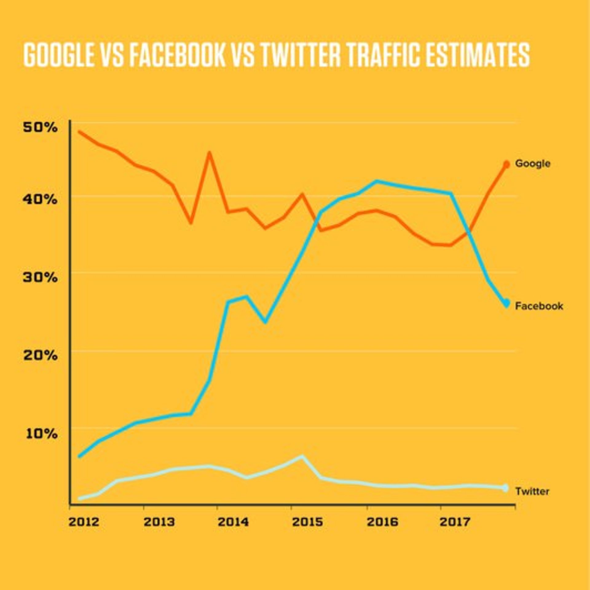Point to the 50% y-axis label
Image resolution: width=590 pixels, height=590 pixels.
click(x=40, y=127)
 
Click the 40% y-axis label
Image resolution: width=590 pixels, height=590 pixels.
click(x=40, y=199)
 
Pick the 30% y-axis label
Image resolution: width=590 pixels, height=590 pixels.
click(x=40, y=277)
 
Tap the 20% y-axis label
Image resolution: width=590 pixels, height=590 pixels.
click(x=40, y=355)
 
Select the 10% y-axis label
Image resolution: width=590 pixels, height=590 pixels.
click(x=41, y=434)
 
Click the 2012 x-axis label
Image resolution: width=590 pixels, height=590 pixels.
click(x=84, y=522)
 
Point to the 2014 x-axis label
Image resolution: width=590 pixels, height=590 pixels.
click(x=233, y=522)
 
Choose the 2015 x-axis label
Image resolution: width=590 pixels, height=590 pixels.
click(x=307, y=522)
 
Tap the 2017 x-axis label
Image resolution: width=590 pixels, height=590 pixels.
click(x=455, y=522)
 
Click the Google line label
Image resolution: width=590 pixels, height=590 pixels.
click(x=533, y=163)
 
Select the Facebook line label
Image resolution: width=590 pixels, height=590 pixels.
click(x=539, y=306)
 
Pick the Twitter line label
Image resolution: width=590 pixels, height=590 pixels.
click(x=532, y=491)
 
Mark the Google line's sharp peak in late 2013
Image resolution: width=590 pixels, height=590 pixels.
click(x=209, y=153)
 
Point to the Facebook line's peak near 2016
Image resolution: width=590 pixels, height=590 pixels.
click(x=376, y=181)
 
